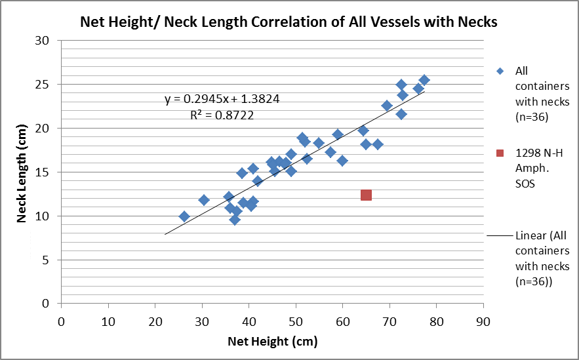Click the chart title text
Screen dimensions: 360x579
point(289,22)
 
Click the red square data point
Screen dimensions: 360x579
point(366,195)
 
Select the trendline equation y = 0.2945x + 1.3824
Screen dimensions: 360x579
point(222,100)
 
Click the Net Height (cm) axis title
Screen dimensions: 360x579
point(272,342)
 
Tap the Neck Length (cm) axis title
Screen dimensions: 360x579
point(22,172)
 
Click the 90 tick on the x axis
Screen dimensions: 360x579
point(483,322)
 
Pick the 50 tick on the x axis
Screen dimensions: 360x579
point(296,322)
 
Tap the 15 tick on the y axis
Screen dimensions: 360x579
point(44,172)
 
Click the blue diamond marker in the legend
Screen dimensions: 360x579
point(500,71)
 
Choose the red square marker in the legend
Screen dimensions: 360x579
point(500,153)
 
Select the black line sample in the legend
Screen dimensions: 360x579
point(500,236)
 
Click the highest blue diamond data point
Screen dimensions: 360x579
point(424,80)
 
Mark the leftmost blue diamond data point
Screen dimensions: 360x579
point(184,216)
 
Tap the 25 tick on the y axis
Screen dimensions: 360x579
point(44,85)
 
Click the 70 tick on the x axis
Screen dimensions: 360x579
point(389,322)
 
